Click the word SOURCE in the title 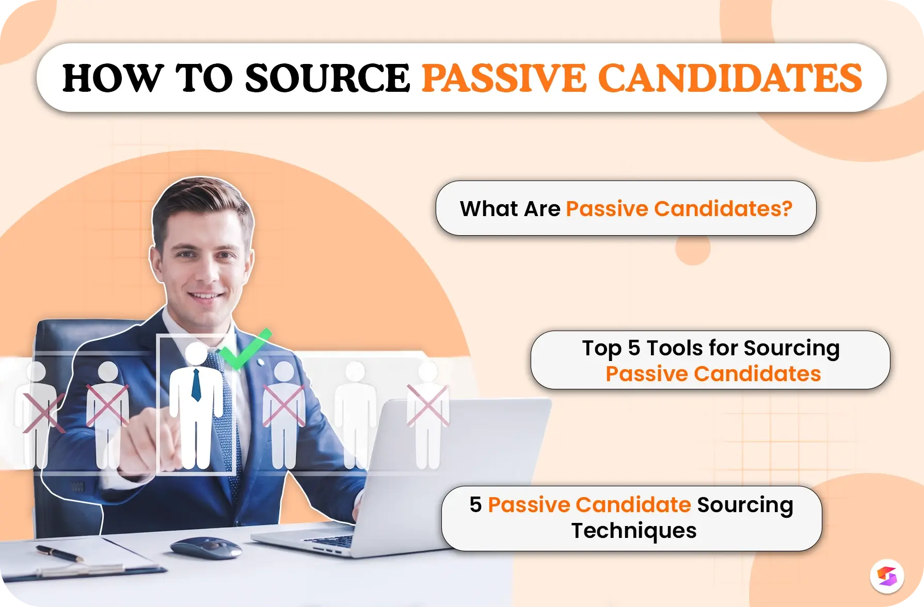(327, 78)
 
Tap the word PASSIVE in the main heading (504, 78)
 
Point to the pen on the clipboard (59, 554)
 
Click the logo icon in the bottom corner (887, 576)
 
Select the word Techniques (634, 531)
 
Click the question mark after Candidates (786, 209)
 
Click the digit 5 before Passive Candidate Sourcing (475, 504)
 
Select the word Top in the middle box (601, 349)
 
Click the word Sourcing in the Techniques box (745, 505)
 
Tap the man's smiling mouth (205, 296)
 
